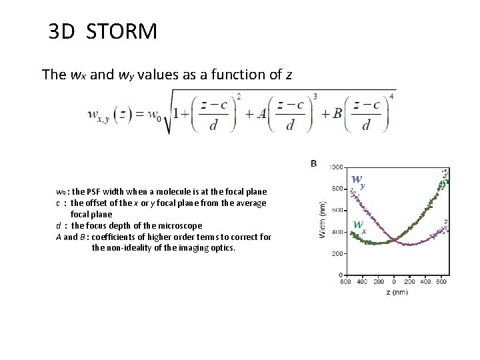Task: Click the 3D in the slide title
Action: (x=62, y=31)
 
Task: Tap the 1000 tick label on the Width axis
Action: (x=336, y=167)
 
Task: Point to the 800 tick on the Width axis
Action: (x=337, y=189)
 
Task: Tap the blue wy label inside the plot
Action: (x=358, y=180)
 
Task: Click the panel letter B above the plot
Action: (x=313, y=163)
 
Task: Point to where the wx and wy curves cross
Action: (x=394, y=239)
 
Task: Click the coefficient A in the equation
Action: (x=262, y=113)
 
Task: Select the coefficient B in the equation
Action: (x=337, y=113)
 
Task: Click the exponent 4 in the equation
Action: (x=391, y=96)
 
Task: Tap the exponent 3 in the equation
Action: (x=315, y=96)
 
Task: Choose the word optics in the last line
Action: (x=221, y=248)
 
